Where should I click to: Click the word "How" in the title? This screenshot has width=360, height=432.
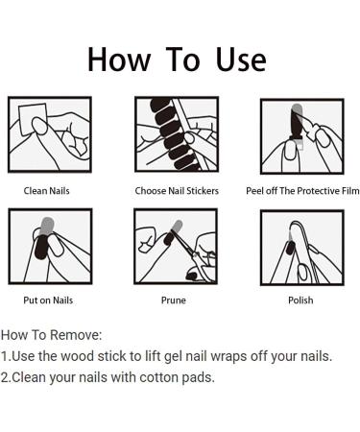coord(119,60)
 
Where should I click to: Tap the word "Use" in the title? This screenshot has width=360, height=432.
coord(241,60)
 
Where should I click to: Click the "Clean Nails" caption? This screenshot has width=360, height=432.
coord(46,191)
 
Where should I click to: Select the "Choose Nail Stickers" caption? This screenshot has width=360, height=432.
coord(177,191)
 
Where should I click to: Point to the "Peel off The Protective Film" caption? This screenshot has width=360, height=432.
coord(302,191)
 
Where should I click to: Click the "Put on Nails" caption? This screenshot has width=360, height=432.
coord(48,300)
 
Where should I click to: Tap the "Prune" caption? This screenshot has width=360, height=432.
coord(174,300)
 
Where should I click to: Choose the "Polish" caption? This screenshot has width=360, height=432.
coord(300,300)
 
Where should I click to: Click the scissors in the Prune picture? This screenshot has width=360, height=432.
coord(195,256)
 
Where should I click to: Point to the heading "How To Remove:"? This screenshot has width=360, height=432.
coord(51,335)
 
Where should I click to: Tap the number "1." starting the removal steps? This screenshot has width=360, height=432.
coord(5,356)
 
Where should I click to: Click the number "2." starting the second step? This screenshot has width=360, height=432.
coord(6,377)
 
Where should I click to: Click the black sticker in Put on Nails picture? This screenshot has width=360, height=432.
coord(41,247)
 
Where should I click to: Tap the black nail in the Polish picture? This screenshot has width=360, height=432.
coord(291,248)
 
